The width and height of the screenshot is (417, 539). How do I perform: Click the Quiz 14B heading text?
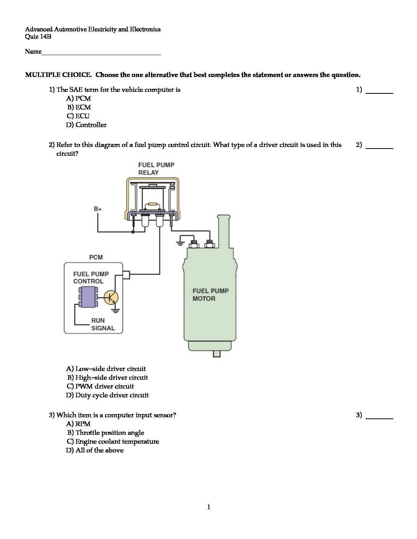pyautogui.click(x=38, y=37)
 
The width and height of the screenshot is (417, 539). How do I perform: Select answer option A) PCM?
pyautogui.click(x=79, y=98)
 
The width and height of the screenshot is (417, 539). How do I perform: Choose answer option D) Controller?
pyautogui.click(x=86, y=125)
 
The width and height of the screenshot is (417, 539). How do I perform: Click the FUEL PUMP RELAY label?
pyautogui.click(x=156, y=169)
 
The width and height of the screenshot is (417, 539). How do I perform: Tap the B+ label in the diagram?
pyautogui.click(x=98, y=209)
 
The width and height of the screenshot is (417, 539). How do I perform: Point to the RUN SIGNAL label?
pyautogui.click(x=103, y=324)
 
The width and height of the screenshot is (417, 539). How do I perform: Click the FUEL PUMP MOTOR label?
pyautogui.click(x=210, y=295)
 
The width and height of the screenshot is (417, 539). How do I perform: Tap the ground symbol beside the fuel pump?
pyautogui.click(x=181, y=243)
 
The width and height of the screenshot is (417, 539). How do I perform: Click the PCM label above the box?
pyautogui.click(x=96, y=257)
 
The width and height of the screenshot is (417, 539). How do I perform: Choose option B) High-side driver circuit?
pyautogui.click(x=108, y=377)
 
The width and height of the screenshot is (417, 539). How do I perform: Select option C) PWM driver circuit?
pyautogui.click(x=100, y=386)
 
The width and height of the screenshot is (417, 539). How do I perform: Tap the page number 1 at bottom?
pyautogui.click(x=208, y=507)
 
